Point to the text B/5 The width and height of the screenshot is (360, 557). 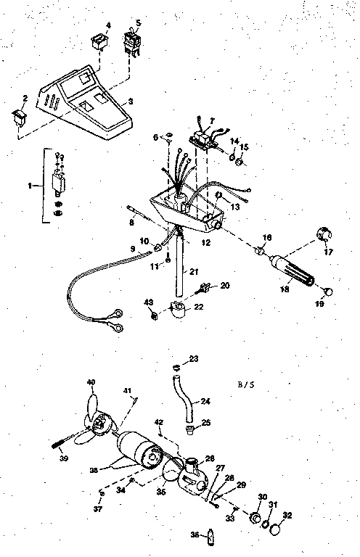tap(246, 384)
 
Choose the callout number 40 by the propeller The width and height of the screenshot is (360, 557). tap(91, 382)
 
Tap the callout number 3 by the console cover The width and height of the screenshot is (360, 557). tap(131, 102)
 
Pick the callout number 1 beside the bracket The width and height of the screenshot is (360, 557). tap(30, 186)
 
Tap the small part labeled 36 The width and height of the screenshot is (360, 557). tap(211, 537)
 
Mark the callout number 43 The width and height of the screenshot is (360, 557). tap(148, 301)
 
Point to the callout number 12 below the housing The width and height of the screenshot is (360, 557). tap(205, 242)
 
